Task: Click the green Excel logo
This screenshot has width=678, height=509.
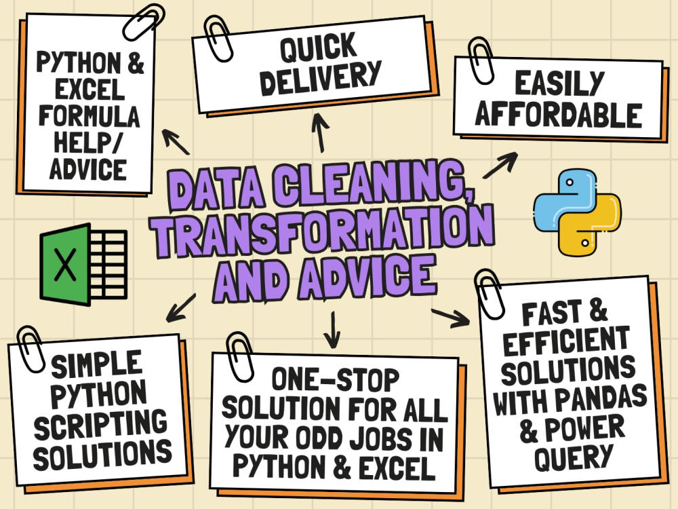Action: pyautogui.click(x=83, y=264)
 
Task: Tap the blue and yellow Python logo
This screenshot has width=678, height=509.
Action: pyautogui.click(x=577, y=212)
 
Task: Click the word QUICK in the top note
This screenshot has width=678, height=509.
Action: pyautogui.click(x=318, y=47)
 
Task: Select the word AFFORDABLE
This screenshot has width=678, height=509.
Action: pyautogui.click(x=558, y=115)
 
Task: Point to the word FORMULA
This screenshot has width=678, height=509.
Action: pyautogui.click(x=89, y=116)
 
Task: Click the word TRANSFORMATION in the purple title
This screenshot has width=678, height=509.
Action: pyautogui.click(x=324, y=229)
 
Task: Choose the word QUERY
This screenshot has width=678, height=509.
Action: pyautogui.click(x=574, y=456)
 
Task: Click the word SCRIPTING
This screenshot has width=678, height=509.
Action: pyautogui.click(x=100, y=423)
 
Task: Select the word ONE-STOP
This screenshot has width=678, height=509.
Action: pyautogui.click(x=335, y=379)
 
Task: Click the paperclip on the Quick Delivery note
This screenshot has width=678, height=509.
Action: pyautogui.click(x=218, y=39)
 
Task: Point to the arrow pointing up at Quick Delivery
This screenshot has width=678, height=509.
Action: pyautogui.click(x=321, y=132)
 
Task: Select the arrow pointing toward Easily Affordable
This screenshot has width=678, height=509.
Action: pyautogui.click(x=500, y=165)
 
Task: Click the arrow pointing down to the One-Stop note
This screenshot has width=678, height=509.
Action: pyautogui.click(x=332, y=329)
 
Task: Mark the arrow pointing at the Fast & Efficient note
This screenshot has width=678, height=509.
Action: pyautogui.click(x=450, y=318)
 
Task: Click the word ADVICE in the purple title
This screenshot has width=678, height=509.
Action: pyautogui.click(x=367, y=278)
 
